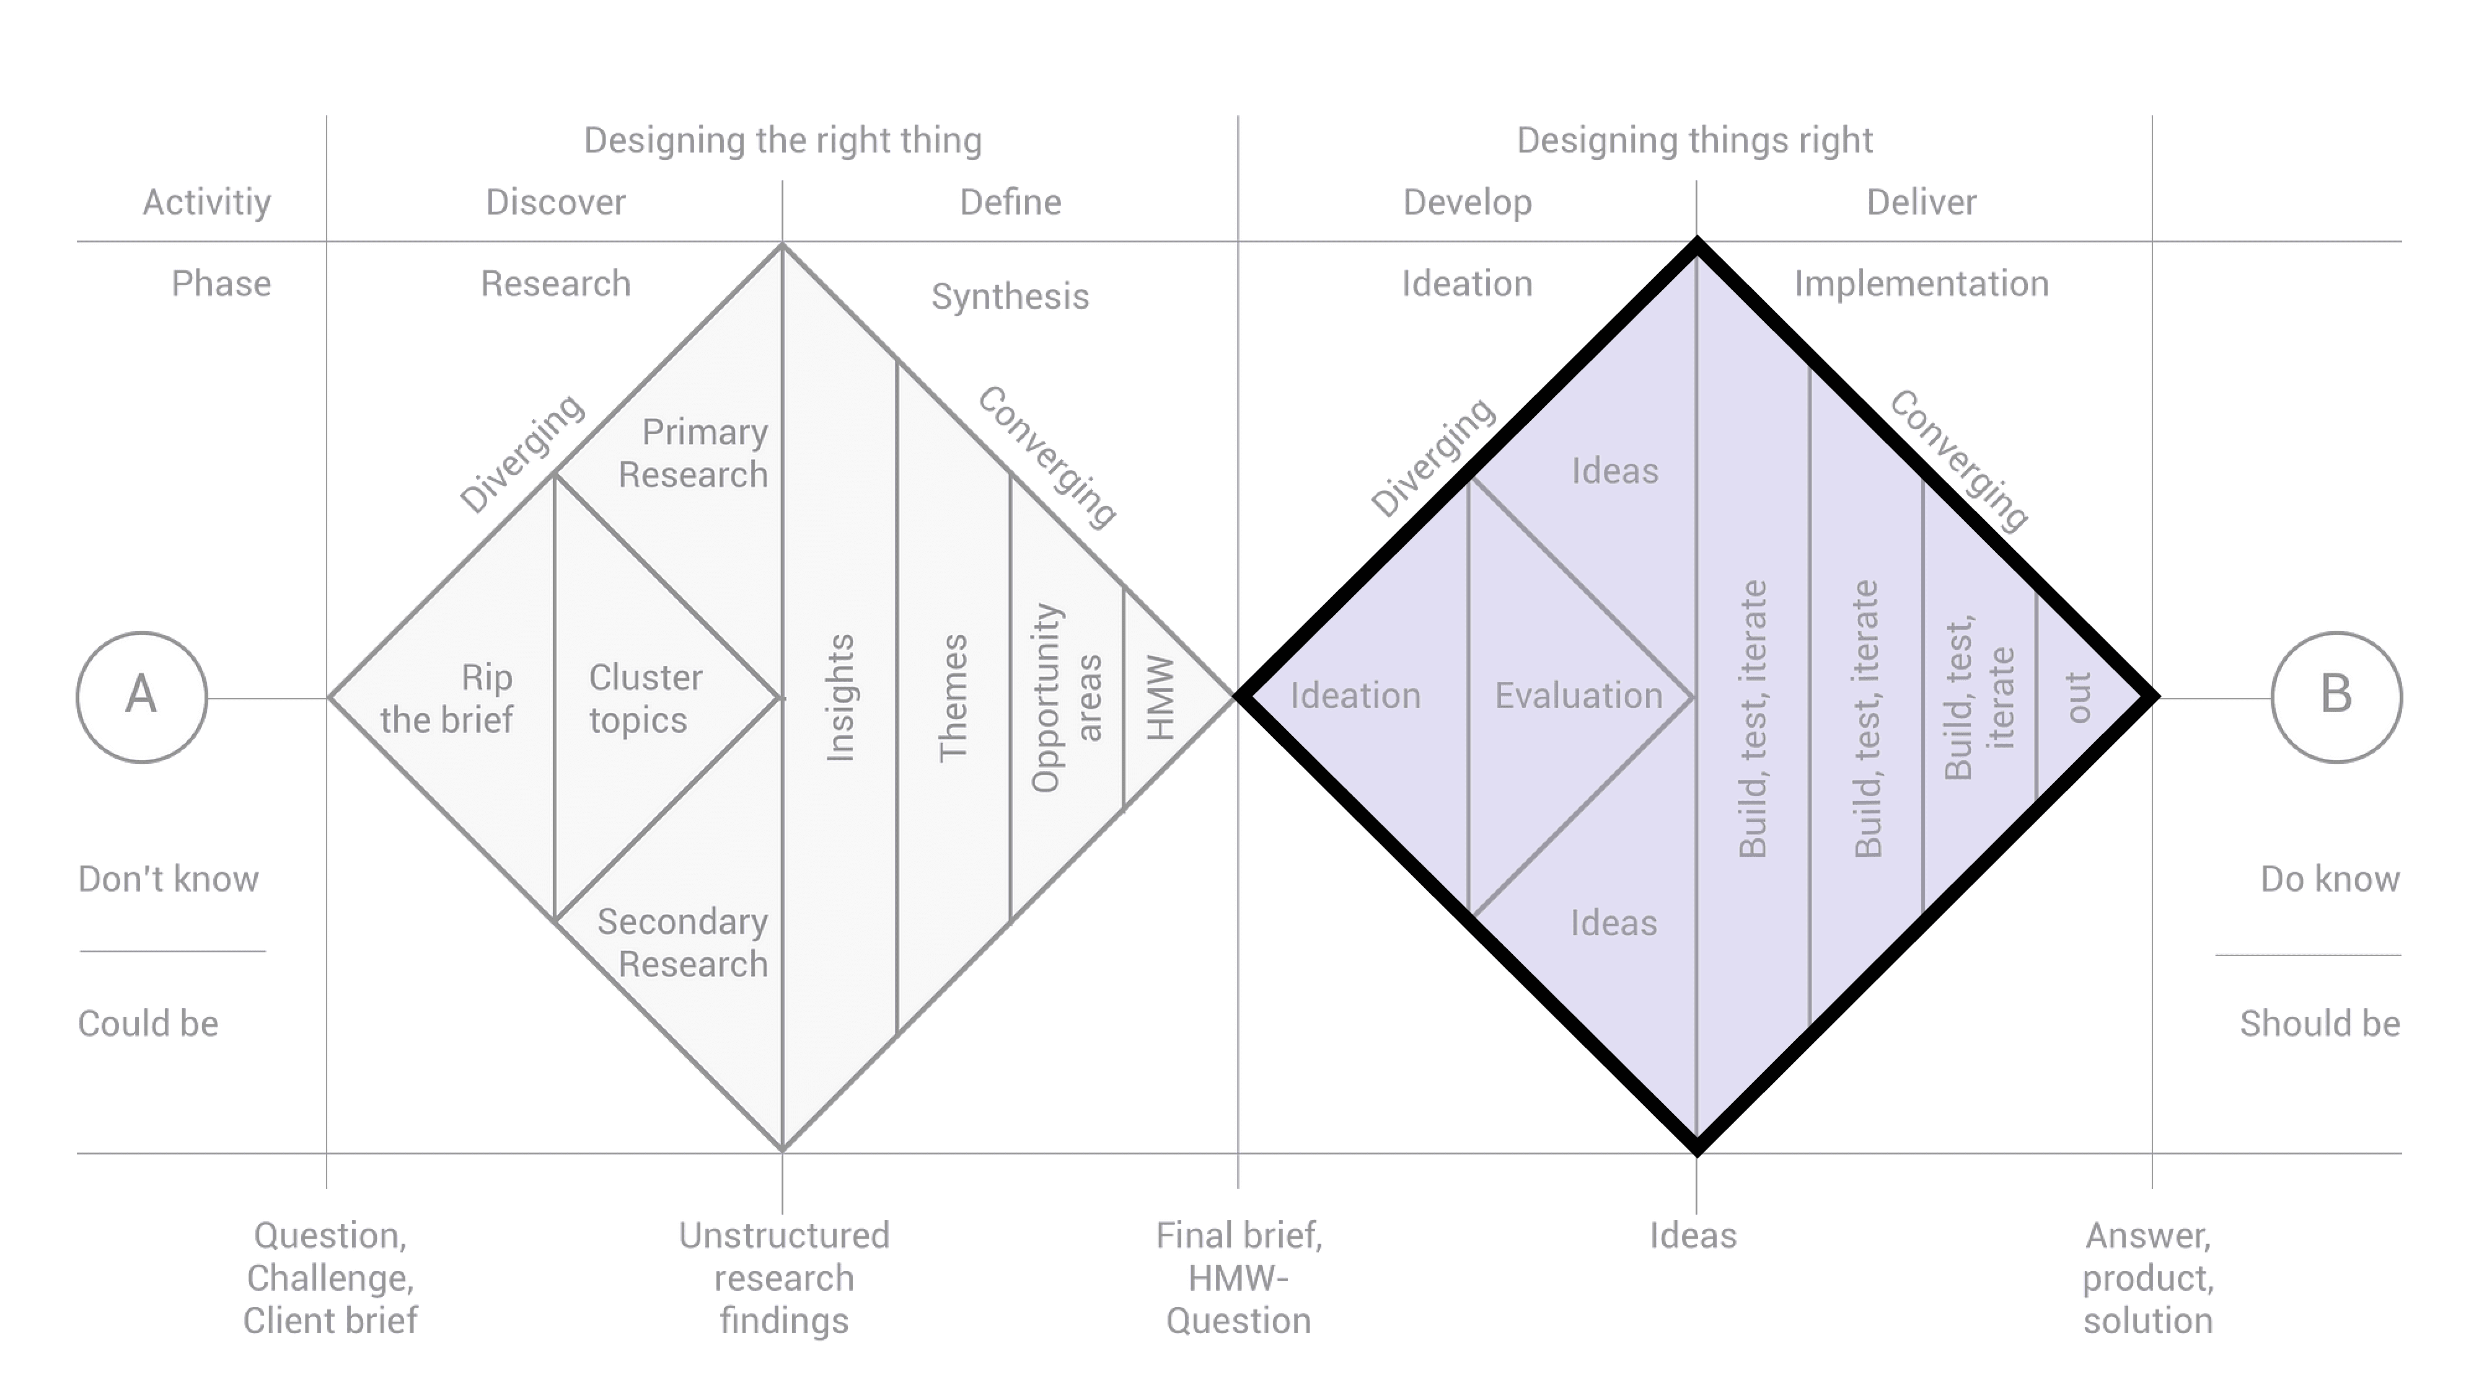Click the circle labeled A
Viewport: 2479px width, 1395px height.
(x=141, y=697)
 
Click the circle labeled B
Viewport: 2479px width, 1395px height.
(x=2336, y=697)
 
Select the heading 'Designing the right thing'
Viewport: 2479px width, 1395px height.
(x=782, y=141)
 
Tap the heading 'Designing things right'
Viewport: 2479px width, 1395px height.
(x=1694, y=141)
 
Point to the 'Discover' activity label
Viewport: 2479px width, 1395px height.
(x=555, y=202)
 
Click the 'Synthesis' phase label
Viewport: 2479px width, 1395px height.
(x=1010, y=296)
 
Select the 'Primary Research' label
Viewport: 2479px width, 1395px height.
(x=695, y=453)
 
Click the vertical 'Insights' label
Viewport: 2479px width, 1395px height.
(x=840, y=698)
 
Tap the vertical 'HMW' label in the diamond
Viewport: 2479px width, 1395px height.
(x=1161, y=698)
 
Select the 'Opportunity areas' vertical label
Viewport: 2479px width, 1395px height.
(x=1065, y=698)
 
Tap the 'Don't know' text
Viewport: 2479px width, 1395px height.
(x=169, y=880)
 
